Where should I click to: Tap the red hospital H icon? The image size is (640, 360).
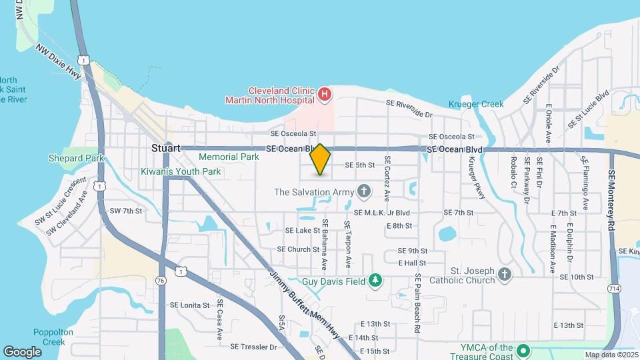(324, 95)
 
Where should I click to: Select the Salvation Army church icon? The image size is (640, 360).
(363, 193)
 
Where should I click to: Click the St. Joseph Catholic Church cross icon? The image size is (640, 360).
(505, 274)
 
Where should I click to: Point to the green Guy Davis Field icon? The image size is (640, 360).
(375, 281)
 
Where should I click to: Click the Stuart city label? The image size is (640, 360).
(166, 148)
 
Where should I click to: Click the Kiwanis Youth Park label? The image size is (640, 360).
(179, 171)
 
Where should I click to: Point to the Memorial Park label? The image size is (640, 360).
(229, 157)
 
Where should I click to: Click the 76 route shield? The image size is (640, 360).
(161, 281)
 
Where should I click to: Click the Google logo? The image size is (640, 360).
(23, 351)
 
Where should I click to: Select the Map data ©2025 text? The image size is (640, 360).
(611, 355)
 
